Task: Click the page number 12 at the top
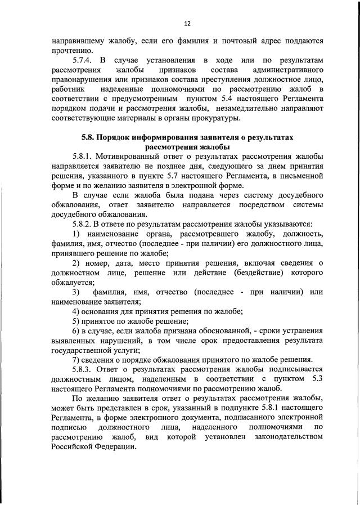tap(187, 24)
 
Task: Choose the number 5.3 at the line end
tap(315, 379)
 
